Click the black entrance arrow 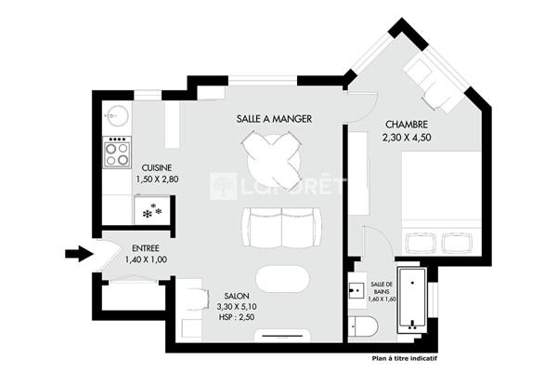(79, 254)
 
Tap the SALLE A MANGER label (274, 119)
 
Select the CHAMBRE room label (407, 125)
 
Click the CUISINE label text (157, 167)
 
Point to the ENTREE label (146, 248)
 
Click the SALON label (237, 296)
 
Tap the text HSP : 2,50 (237, 317)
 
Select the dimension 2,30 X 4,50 (407, 138)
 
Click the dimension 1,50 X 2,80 (157, 179)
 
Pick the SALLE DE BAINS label (382, 287)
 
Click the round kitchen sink (117, 115)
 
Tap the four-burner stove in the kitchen (117, 153)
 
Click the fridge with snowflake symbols (152, 210)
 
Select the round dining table (272, 159)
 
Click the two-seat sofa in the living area (282, 228)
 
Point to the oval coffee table (283, 279)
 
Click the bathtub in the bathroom (412, 299)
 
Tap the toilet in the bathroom (362, 326)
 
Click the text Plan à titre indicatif (405, 358)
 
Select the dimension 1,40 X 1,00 (146, 259)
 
